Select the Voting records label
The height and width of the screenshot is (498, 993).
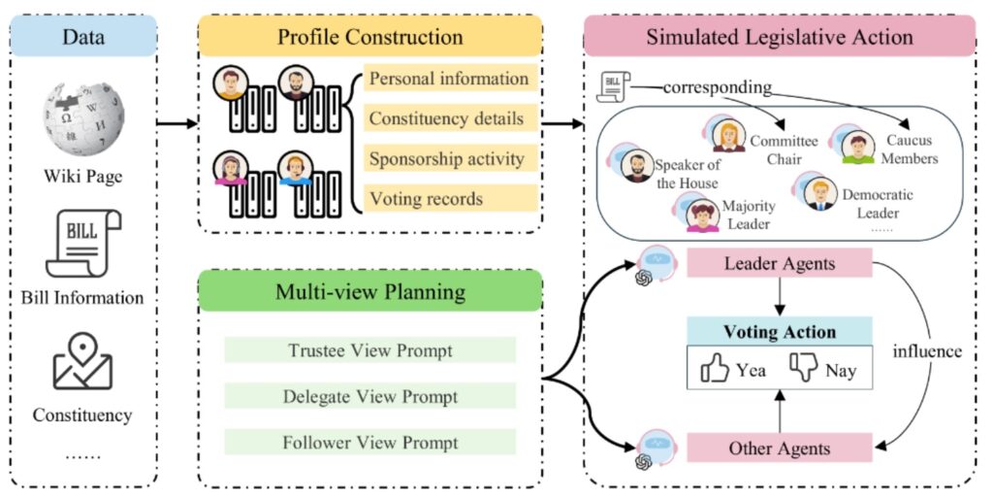coord(427,198)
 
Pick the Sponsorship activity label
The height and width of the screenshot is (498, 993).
coord(446,158)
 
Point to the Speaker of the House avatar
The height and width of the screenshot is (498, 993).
coord(634,166)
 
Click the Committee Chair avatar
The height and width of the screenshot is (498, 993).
coord(728,136)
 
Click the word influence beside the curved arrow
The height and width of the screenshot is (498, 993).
coord(929,351)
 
